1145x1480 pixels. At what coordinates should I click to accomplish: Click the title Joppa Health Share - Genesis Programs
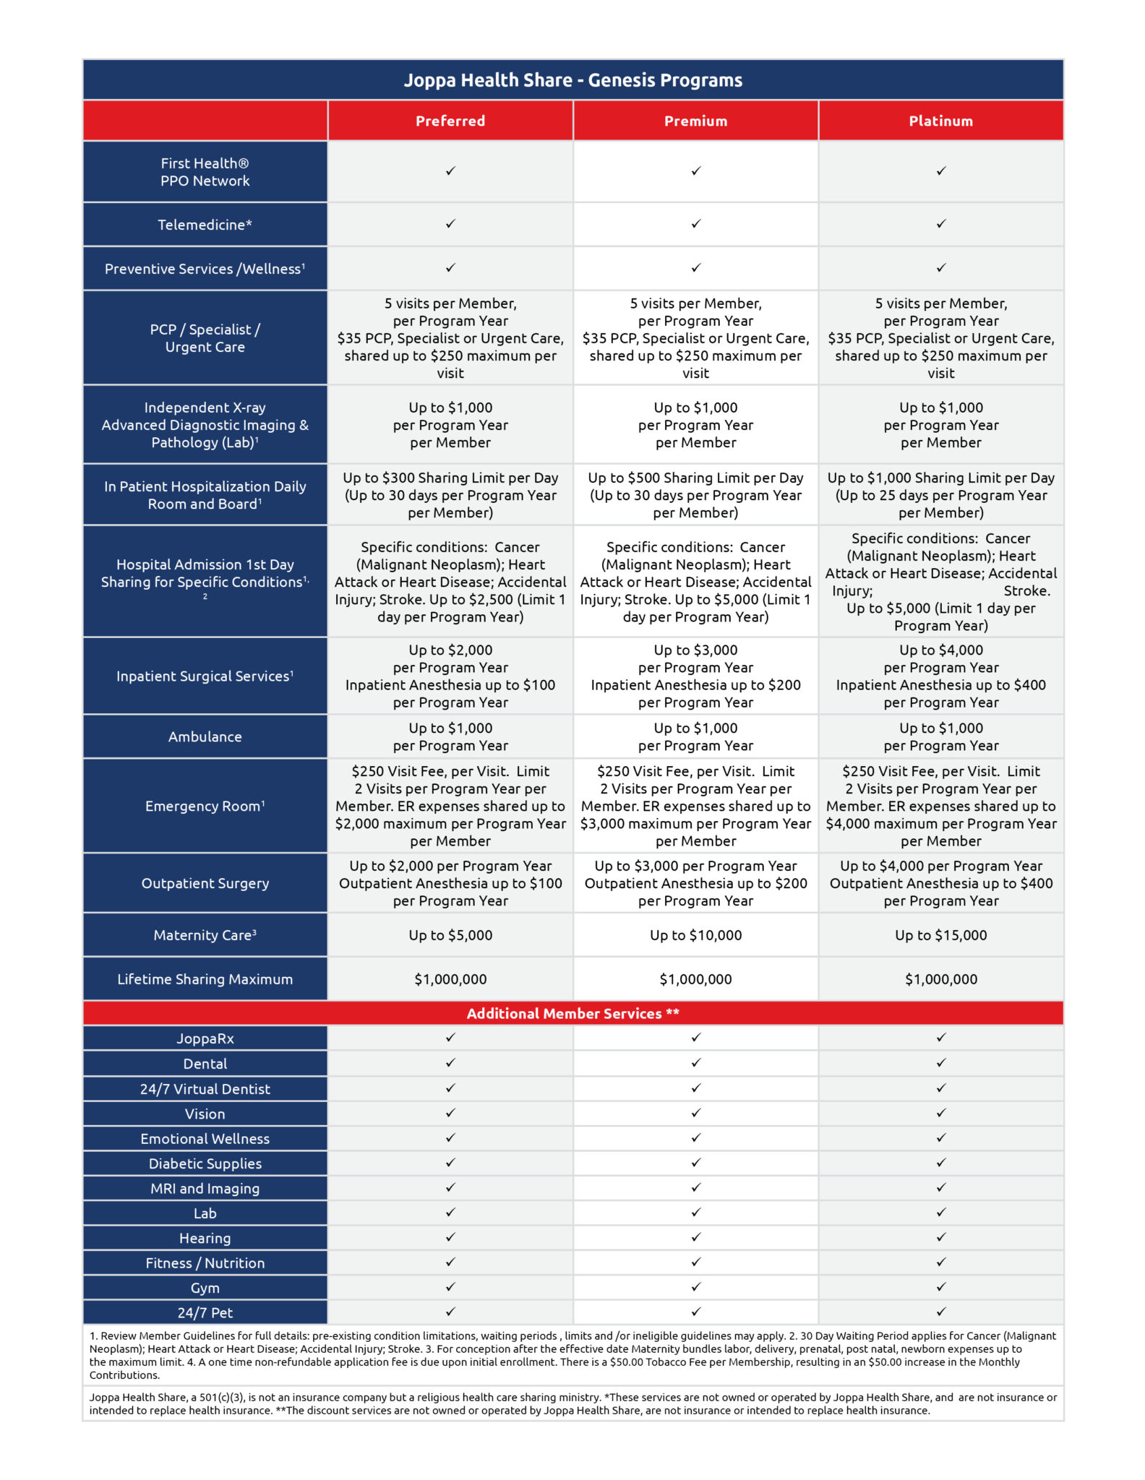click(572, 80)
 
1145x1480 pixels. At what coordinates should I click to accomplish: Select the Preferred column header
click(450, 121)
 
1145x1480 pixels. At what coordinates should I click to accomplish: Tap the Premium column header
click(695, 121)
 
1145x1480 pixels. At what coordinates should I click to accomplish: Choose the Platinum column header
click(940, 121)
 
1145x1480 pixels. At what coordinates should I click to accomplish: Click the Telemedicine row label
click(205, 225)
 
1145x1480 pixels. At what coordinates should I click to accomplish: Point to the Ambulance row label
click(205, 736)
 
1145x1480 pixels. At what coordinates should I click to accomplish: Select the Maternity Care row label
click(205, 935)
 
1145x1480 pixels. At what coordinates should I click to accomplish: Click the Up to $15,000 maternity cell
click(940, 935)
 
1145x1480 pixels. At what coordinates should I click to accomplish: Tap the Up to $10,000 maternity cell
click(695, 935)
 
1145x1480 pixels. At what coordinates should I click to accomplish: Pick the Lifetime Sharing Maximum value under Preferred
click(450, 979)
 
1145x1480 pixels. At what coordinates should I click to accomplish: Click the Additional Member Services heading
click(572, 1013)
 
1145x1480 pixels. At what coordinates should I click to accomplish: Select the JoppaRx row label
click(205, 1038)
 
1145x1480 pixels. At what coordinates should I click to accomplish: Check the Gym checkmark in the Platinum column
click(940, 1287)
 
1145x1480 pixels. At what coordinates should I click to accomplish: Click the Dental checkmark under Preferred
click(450, 1063)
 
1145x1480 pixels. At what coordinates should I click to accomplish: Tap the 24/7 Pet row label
click(205, 1312)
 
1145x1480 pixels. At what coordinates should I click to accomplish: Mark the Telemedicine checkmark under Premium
click(695, 224)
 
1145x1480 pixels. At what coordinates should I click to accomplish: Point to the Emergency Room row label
click(205, 806)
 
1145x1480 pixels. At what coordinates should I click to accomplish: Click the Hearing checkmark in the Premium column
click(695, 1237)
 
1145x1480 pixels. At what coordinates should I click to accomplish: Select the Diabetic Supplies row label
click(205, 1163)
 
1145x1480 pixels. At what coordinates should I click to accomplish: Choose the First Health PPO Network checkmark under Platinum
click(940, 171)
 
